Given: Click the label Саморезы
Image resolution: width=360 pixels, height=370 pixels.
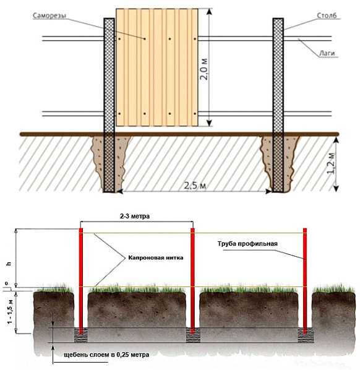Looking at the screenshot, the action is pyautogui.click(x=49, y=15).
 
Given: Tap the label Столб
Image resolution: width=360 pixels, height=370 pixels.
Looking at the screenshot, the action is pyautogui.click(x=327, y=15).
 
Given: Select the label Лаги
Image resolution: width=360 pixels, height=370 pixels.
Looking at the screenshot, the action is pyautogui.click(x=327, y=53).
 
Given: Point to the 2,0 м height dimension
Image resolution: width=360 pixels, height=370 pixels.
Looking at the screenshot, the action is pyautogui.click(x=204, y=69).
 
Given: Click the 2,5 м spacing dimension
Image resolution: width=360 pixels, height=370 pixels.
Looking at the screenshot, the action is pyautogui.click(x=195, y=186).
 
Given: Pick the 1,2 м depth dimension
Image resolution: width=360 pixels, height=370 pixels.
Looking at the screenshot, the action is pyautogui.click(x=331, y=163).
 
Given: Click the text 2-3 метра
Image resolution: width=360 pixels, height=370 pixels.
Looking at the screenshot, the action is pyautogui.click(x=135, y=216).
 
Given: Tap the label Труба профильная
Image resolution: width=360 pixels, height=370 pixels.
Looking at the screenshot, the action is pyautogui.click(x=247, y=244).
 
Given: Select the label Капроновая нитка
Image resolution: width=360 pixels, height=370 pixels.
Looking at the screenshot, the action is pyautogui.click(x=156, y=257).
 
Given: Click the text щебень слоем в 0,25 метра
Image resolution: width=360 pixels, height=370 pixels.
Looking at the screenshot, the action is pyautogui.click(x=106, y=355).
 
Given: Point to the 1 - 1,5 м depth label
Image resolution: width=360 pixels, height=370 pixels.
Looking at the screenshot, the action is pyautogui.click(x=10, y=311).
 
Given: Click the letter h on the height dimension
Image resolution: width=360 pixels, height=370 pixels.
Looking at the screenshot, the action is pyautogui.click(x=9, y=264).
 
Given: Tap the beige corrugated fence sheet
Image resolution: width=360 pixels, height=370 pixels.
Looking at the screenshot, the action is pyautogui.click(x=157, y=67).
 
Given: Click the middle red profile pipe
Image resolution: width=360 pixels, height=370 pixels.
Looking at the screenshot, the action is pyautogui.click(x=192, y=281).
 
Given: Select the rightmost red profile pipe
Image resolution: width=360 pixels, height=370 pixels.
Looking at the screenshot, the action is pyautogui.click(x=305, y=281).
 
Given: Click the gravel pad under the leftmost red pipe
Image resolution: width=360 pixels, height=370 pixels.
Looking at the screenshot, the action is pyautogui.click(x=81, y=335).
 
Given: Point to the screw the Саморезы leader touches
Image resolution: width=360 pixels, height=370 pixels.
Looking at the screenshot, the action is pyautogui.click(x=145, y=39).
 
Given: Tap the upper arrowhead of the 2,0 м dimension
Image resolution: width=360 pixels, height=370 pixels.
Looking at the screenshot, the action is pyautogui.click(x=209, y=12).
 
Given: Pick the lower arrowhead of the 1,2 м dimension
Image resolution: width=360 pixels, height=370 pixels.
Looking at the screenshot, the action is pyautogui.click(x=336, y=188).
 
